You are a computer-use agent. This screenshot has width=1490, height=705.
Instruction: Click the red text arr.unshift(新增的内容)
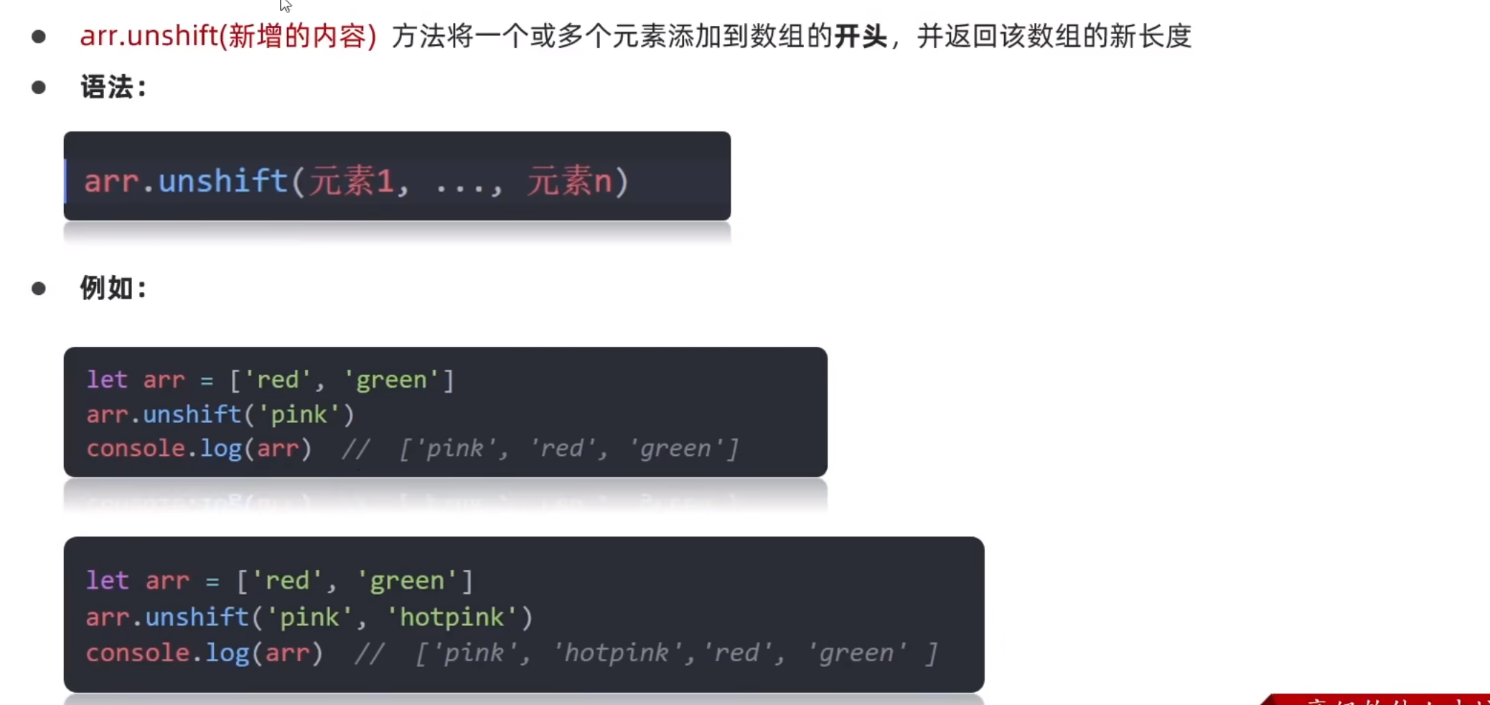[x=228, y=36]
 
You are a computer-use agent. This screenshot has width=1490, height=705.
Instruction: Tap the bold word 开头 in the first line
[x=861, y=36]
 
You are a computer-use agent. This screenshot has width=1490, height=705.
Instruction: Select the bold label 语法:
[x=113, y=88]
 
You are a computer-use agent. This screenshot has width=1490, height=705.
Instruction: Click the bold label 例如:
[x=113, y=289]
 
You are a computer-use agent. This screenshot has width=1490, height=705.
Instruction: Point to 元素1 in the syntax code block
[x=352, y=181]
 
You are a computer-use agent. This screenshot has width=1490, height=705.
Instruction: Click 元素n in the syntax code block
[x=569, y=181]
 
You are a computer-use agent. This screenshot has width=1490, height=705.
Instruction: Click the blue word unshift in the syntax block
[x=222, y=181]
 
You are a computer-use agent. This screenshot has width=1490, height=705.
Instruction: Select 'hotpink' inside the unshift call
[x=451, y=617]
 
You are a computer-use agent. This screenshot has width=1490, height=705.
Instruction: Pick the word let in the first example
[x=106, y=379]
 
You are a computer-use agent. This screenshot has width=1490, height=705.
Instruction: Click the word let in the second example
[x=107, y=580]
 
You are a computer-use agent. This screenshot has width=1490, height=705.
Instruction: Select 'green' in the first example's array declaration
[x=391, y=379]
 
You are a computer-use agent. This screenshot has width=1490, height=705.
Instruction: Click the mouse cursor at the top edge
[x=285, y=5]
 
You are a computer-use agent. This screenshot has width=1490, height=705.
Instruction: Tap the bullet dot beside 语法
[x=39, y=88]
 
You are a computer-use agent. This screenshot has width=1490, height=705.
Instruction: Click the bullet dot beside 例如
[x=39, y=289]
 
